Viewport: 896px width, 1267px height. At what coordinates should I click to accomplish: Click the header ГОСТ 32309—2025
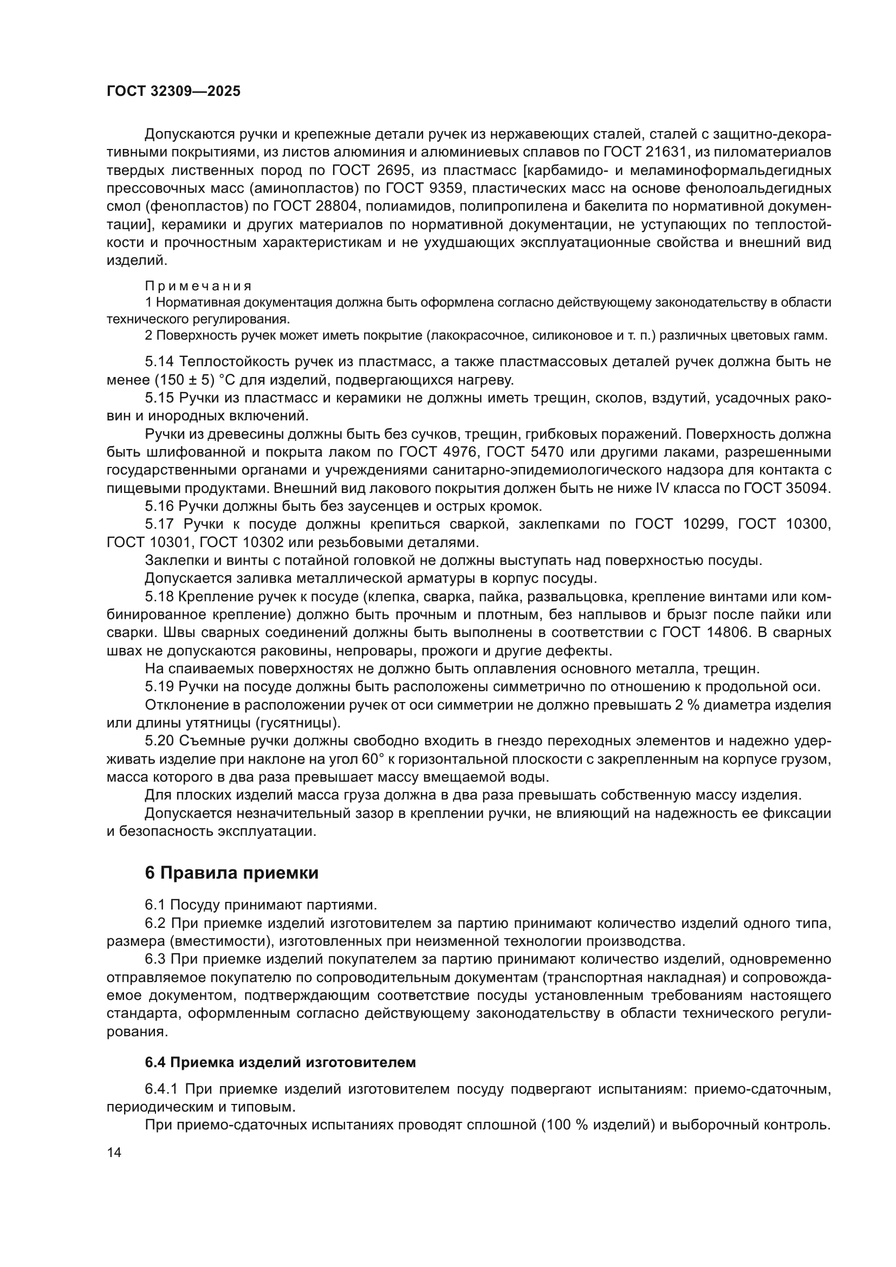(174, 92)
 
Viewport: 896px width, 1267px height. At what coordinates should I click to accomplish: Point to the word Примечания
(198, 286)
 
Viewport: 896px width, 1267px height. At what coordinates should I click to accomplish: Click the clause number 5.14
(159, 362)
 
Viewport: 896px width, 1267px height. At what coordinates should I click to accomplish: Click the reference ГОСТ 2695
(368, 170)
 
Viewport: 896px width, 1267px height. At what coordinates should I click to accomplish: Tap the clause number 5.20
(159, 740)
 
